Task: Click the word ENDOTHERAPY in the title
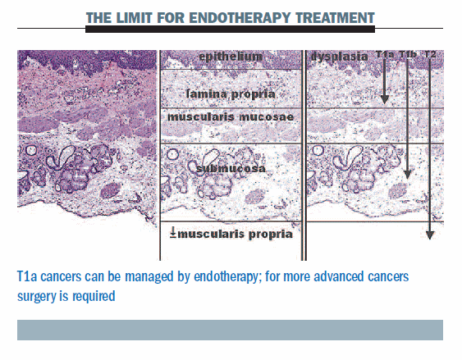[x=240, y=18]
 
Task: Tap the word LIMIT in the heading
[x=133, y=18]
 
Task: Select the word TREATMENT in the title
[x=335, y=18]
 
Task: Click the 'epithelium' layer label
[x=231, y=57]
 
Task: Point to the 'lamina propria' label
[x=231, y=94]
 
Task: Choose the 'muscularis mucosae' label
[x=231, y=117]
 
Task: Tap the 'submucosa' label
[x=231, y=169]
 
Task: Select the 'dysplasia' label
[x=340, y=57]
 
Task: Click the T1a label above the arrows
[x=385, y=54]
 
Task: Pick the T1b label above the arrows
[x=408, y=54]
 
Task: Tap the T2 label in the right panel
[x=430, y=54]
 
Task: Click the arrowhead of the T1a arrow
[x=384, y=99]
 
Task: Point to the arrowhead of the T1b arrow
[x=407, y=175]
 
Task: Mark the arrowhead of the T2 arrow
[x=430, y=235]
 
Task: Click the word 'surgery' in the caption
[x=37, y=297]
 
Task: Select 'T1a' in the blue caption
[x=27, y=276]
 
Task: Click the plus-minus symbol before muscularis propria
[x=173, y=234]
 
